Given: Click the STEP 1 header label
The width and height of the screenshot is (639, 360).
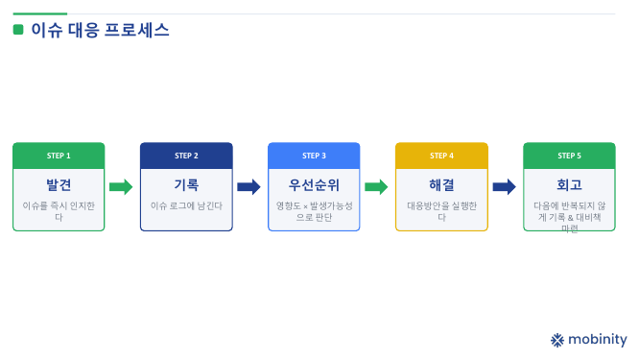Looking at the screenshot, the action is [59, 156].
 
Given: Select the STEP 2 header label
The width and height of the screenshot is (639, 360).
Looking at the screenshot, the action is [186, 156].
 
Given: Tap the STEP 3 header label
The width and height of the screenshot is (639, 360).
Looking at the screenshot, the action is [314, 156].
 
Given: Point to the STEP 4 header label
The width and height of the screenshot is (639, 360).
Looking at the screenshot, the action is [441, 156].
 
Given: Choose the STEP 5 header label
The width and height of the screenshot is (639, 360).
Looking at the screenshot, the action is [569, 156].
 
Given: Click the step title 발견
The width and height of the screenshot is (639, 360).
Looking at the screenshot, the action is [59, 185].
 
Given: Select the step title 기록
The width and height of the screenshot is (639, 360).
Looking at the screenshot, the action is [186, 185].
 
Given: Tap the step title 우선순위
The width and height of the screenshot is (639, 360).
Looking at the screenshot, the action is [314, 185].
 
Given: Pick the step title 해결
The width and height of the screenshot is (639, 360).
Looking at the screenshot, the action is [441, 185].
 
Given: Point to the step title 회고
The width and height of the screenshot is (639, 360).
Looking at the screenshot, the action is [569, 185].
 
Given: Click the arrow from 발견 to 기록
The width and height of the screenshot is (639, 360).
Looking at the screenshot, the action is [121, 187].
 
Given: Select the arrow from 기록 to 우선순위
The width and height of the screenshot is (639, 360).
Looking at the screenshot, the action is [248, 187].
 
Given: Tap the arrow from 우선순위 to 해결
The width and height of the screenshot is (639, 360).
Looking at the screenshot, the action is [376, 187].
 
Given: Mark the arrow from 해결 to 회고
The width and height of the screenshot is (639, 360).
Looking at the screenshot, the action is [504, 187].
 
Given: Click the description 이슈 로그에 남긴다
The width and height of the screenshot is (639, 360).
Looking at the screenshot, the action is [186, 205].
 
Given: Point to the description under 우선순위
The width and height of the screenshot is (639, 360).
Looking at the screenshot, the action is [314, 211].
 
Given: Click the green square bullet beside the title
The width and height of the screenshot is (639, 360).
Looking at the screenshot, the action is [18, 30].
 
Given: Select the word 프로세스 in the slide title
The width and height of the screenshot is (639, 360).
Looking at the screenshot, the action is [136, 30].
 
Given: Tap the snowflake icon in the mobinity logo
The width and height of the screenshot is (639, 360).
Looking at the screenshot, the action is [557, 340].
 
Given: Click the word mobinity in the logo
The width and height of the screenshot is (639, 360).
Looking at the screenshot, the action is [598, 340].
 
